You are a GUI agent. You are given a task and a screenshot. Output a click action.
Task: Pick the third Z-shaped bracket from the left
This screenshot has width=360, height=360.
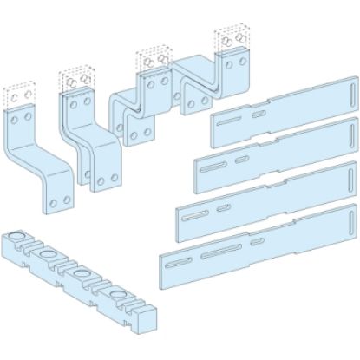pos(143,113)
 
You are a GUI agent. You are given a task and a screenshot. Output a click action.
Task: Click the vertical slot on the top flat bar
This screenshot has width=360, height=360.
pos(350,90)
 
